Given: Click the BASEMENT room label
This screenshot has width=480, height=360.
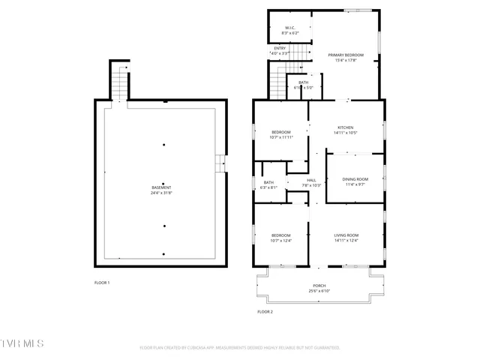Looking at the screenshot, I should pos(161,187).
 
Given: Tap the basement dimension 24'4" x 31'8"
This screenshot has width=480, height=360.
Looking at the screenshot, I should pos(161,193).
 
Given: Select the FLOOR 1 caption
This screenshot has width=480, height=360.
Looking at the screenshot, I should pos(102,283).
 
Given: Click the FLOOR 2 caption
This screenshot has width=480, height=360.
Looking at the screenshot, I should pos(265,311).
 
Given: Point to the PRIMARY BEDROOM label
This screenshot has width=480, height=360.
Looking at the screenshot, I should pos(346,55).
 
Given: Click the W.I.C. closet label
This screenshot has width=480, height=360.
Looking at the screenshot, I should pos(289,28).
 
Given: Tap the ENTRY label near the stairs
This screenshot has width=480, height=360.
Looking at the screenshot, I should pos(279,48).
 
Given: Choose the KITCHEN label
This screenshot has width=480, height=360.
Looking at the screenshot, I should pos(345,127).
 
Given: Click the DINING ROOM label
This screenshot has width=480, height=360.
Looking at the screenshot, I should pos(355,178).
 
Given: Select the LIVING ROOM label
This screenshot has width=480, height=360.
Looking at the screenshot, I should pos(346,235).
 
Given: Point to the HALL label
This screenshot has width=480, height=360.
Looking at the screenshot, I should pos(311,180).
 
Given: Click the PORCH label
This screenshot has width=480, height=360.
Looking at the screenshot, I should pos(319,286).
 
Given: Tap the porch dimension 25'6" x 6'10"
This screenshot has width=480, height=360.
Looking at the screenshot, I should pos(319,291).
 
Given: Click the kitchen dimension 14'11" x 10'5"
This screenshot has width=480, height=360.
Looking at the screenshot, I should pos(345,133).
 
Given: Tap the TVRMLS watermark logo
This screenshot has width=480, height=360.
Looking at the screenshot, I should pos(22,343).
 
